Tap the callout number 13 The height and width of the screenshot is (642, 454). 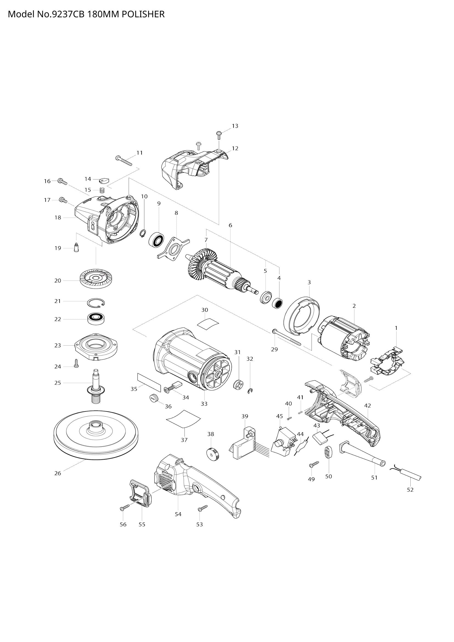235,126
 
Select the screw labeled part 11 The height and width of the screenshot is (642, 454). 124,161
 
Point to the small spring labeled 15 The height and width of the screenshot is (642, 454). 102,191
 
